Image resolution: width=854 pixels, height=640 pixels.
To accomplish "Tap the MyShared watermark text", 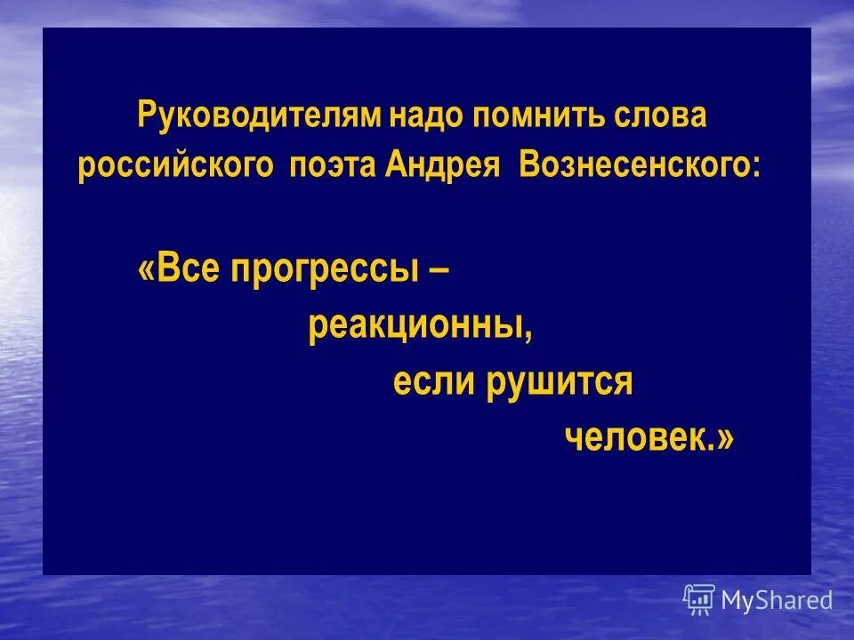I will [777, 600].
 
